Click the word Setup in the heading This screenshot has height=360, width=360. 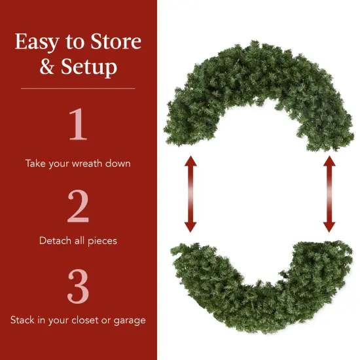88,68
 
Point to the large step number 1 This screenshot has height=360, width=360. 77,125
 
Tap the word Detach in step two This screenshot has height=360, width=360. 54,241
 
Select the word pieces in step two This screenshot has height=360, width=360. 101,242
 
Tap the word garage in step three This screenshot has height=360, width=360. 130,321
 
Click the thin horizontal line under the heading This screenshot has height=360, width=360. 78,88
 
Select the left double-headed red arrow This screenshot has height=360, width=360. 190,194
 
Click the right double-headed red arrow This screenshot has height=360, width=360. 329,194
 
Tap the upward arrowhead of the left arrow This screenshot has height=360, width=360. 190,162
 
